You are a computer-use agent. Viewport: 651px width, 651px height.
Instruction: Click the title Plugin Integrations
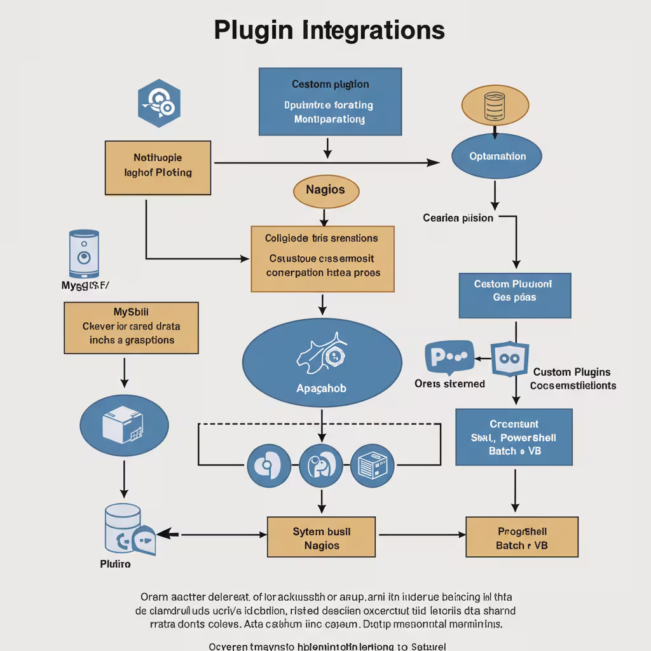click(329, 30)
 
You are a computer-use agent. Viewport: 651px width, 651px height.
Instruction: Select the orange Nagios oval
click(325, 190)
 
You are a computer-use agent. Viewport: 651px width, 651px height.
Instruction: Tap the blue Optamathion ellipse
click(497, 156)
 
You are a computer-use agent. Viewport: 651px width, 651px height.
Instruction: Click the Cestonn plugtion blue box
click(330, 102)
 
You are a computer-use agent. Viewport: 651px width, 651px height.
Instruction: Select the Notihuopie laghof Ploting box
click(158, 167)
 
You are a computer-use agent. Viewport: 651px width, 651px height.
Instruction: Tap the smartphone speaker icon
click(83, 254)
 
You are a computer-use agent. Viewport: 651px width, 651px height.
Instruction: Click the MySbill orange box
click(131, 327)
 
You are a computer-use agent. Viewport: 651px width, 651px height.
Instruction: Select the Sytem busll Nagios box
click(321, 538)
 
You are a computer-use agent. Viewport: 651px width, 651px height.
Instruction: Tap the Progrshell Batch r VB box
click(521, 538)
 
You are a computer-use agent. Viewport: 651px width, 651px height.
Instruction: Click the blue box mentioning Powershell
click(514, 437)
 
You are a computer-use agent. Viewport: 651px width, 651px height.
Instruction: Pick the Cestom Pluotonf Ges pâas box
click(514, 295)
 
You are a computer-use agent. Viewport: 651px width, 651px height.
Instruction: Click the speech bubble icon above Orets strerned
click(449, 357)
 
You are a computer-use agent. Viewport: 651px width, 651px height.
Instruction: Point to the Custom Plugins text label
click(572, 372)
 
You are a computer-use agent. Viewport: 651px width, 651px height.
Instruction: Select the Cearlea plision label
click(458, 217)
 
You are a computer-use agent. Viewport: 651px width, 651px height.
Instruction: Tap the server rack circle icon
click(373, 465)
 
